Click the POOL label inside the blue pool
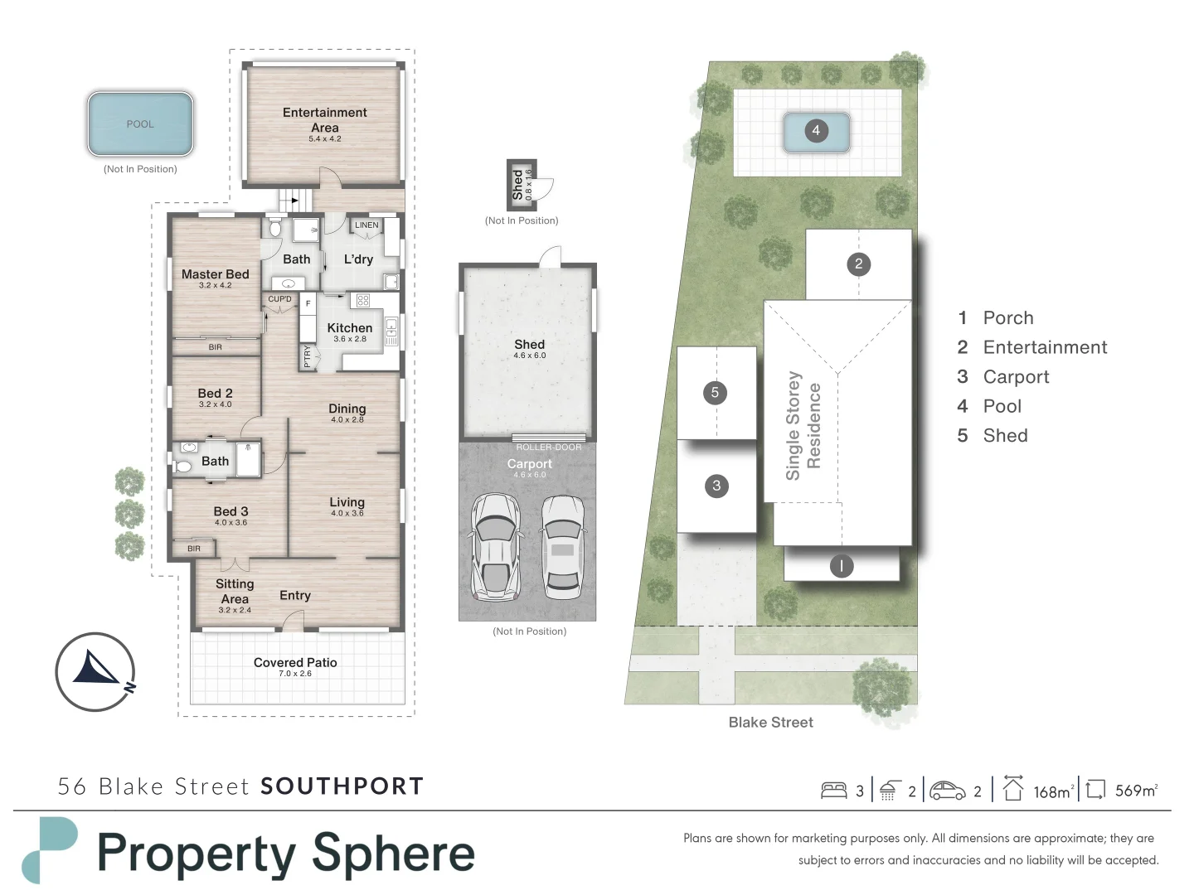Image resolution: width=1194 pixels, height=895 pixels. [x=140, y=124]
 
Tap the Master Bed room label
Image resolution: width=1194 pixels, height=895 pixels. [x=215, y=274]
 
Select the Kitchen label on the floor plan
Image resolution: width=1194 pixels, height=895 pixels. [x=349, y=328]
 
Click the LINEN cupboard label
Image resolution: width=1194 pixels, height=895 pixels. [x=366, y=225]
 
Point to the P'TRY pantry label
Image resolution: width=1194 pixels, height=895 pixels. [x=307, y=356]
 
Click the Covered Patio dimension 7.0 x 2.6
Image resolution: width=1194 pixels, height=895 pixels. [x=295, y=674]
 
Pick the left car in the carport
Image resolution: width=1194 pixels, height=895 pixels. [x=495, y=547]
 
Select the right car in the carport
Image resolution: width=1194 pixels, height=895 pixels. [x=562, y=547]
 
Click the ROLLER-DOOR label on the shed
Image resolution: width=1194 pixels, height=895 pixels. [x=548, y=447]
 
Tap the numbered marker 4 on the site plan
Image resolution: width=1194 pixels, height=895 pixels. [x=816, y=131]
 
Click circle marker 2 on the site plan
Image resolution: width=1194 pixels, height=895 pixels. [x=858, y=264]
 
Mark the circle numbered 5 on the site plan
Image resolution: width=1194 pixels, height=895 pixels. [x=715, y=393]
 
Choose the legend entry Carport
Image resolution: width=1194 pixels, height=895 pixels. [x=1016, y=377]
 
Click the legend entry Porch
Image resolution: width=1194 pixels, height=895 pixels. [x=1007, y=318]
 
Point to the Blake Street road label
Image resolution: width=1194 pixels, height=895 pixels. [x=770, y=723]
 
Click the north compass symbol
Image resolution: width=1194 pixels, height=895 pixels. [x=95, y=671]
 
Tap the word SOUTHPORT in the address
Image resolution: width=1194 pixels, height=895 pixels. [x=342, y=786]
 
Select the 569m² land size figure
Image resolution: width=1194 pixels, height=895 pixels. [x=1135, y=791]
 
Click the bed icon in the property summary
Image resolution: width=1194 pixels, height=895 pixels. [x=833, y=791]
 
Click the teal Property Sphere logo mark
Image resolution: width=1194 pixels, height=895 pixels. [x=49, y=849]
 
